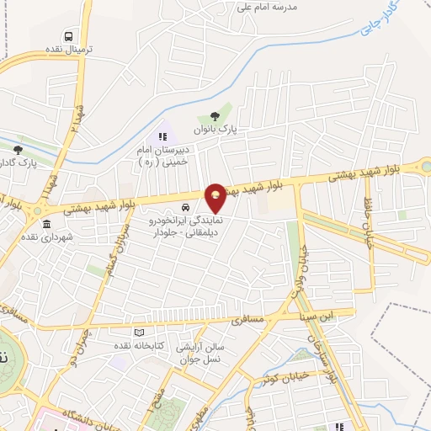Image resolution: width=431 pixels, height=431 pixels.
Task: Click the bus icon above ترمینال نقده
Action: pos(67,37)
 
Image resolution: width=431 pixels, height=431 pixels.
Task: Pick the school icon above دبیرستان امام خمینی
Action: pos(162,135)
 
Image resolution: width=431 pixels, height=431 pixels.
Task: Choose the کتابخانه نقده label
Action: pos(135,346)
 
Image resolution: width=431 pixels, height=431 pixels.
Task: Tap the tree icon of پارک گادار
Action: pos(19,149)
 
